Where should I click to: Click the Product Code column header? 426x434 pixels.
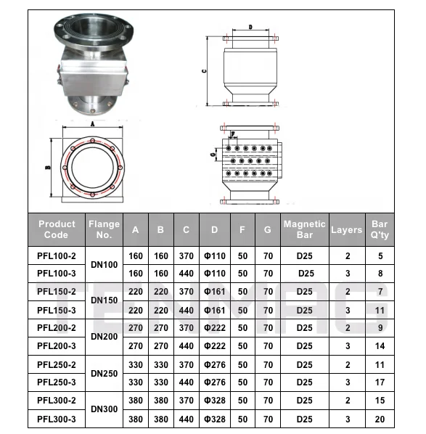coord(57,229)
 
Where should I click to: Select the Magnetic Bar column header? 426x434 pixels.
coord(299,229)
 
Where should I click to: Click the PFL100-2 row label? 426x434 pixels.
coord(57,256)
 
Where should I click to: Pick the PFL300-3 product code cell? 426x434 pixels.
coord(57,419)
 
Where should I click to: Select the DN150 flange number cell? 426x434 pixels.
coord(104,300)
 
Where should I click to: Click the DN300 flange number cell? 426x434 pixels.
coord(104,409)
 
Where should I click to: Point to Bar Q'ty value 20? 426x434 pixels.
coord(380,419)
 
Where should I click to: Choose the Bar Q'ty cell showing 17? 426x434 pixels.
coord(380,382)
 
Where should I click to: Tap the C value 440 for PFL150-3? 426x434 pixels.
coord(187,310)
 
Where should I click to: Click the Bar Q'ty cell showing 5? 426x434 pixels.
coord(380,256)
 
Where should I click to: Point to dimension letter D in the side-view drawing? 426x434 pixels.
coord(250,27)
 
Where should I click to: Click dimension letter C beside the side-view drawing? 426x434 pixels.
coord(205,71)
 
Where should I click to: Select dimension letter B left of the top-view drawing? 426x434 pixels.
coord(47,167)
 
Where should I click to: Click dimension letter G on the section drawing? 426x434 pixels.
coord(212,155)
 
